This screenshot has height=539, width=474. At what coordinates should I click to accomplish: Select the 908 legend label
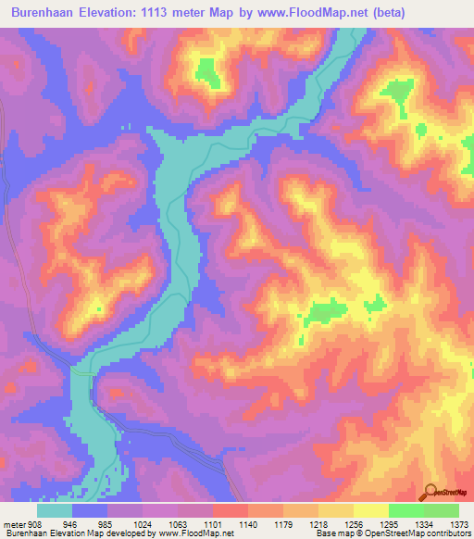(x=32, y=523)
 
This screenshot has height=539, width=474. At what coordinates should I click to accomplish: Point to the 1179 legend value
(x=284, y=523)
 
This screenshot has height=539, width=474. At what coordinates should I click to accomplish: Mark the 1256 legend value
(x=355, y=523)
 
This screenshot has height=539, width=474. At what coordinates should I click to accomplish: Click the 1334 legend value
(x=425, y=523)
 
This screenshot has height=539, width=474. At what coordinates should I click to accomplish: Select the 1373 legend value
(x=459, y=523)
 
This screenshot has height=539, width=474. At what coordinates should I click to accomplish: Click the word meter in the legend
(x=12, y=523)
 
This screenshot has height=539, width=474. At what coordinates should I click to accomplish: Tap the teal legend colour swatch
(x=55, y=510)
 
